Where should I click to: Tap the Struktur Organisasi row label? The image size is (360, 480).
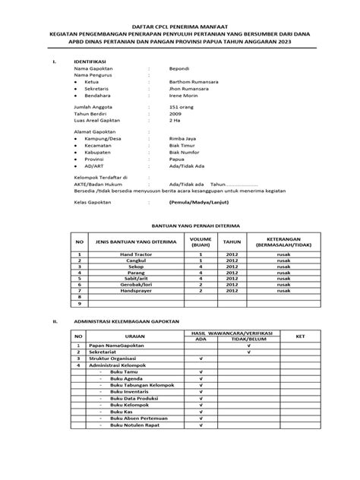(x=114, y=357)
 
